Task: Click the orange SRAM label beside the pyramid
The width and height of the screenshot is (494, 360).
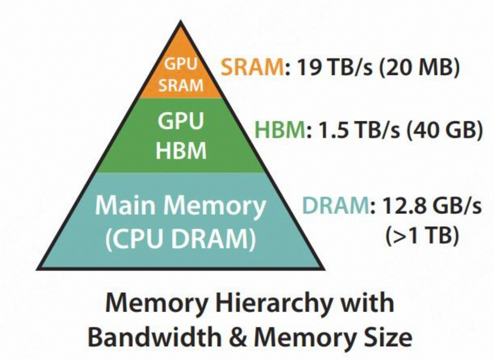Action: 252,67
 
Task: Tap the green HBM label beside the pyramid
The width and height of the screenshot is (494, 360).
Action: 280,129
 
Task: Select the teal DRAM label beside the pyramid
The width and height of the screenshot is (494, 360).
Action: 335,205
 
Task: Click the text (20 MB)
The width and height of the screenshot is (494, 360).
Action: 419,68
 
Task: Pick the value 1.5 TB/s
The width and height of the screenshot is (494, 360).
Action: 359,130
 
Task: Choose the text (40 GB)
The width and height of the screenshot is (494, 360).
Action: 444,130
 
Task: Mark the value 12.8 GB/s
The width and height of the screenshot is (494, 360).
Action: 432,205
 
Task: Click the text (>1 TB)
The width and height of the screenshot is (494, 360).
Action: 422,235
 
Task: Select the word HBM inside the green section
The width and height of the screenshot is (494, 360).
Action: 181,150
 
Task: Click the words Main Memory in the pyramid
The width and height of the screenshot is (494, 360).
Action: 180,205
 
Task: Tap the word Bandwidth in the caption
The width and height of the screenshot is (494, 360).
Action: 155,337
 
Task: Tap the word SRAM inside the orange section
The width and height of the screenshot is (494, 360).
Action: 181,85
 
